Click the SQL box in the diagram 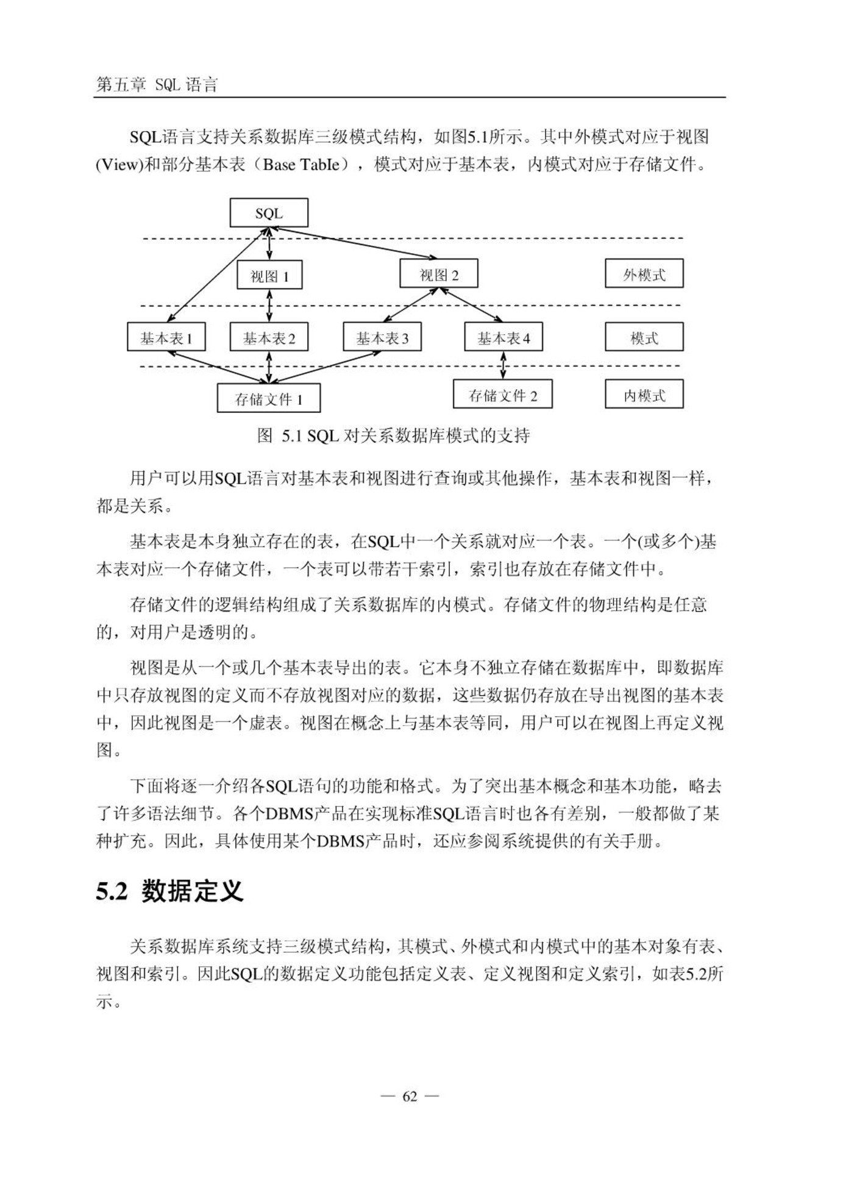tap(269, 213)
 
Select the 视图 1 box tap(269, 276)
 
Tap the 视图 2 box tap(439, 273)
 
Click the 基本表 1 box tap(166, 337)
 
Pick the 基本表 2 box tap(269, 337)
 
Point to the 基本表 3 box tap(382, 337)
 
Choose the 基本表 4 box tap(503, 337)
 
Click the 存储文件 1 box tap(269, 398)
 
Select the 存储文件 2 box tap(503, 394)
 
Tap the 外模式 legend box tap(644, 273)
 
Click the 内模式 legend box tap(644, 394)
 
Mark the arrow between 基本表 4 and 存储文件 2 tap(503, 365)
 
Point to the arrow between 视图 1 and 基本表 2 tap(269, 306)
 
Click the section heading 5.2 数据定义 tap(169, 891)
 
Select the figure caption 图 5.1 tap(393, 435)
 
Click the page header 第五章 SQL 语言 tap(157, 84)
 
